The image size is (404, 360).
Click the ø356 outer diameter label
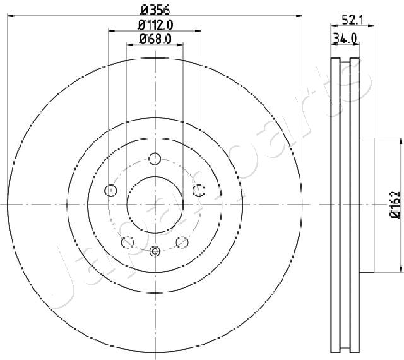click(x=155, y=10)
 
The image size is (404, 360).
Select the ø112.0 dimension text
click(x=155, y=25)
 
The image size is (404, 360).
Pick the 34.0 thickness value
click(x=345, y=39)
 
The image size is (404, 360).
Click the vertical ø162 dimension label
click(x=395, y=204)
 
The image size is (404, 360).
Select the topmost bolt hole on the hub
click(x=155, y=159)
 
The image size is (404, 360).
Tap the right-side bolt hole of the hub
click(x=199, y=189)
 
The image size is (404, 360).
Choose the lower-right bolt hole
click(x=182, y=241)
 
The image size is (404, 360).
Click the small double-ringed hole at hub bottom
click(x=155, y=251)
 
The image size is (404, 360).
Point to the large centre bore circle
click(x=155, y=204)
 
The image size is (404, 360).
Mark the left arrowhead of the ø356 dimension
click(x=11, y=18)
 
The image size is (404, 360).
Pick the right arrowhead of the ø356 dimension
click(x=300, y=18)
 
